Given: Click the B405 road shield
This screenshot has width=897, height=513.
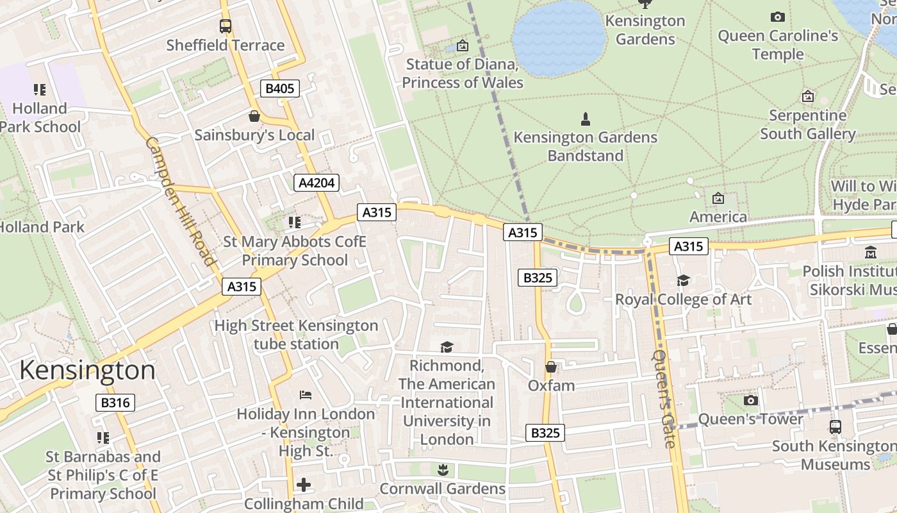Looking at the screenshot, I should [x=280, y=88].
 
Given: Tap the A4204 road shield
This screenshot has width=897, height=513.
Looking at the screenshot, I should [x=317, y=183].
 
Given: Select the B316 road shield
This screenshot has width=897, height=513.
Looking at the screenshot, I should [x=115, y=403].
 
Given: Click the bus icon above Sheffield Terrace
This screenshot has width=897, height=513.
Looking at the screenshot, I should [x=225, y=26].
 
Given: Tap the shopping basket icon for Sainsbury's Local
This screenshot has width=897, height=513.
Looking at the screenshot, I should [x=254, y=116].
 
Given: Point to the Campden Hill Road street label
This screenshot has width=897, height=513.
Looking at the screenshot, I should [x=180, y=200].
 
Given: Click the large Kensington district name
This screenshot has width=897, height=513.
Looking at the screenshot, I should [x=87, y=371].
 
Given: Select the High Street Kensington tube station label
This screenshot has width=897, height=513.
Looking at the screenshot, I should [x=296, y=335].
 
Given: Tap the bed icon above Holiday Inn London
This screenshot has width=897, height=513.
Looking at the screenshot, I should [x=306, y=394].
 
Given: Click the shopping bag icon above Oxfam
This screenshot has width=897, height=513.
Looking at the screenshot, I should [x=550, y=367].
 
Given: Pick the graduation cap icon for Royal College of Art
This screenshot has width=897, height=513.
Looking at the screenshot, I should [x=683, y=281].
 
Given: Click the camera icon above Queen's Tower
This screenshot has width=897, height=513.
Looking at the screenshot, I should [x=750, y=401].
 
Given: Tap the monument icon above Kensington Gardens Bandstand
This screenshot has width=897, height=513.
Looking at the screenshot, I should [x=585, y=119].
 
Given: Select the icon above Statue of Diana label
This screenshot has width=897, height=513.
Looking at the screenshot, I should [x=462, y=46].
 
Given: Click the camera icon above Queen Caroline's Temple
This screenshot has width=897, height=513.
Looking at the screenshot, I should [x=777, y=17].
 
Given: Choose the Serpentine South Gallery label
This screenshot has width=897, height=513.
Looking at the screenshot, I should [x=807, y=124].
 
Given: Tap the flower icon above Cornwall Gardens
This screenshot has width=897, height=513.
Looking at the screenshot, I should [x=442, y=470].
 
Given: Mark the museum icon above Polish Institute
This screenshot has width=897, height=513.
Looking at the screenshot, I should [x=870, y=253].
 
